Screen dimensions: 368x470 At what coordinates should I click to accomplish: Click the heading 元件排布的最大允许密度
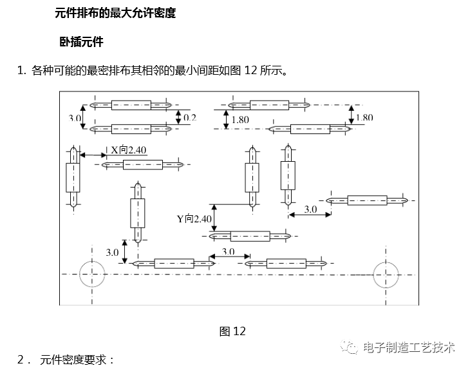[115, 13]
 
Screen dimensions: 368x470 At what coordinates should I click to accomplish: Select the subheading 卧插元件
[81, 42]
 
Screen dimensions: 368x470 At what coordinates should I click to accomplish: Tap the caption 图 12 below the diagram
[232, 331]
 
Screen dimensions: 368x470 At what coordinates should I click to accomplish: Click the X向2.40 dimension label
[129, 150]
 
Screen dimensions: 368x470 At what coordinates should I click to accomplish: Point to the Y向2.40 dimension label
[194, 219]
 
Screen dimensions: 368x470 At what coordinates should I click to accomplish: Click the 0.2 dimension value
[190, 117]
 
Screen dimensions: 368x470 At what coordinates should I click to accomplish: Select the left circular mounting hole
[93, 275]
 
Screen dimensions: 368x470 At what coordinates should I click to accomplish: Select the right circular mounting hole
[386, 275]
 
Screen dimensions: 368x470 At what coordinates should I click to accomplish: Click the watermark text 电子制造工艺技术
[409, 347]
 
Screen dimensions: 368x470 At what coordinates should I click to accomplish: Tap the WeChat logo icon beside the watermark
[352, 347]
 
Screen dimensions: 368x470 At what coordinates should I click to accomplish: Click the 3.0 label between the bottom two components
[228, 251]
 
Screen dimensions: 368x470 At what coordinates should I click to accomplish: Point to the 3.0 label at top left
[75, 118]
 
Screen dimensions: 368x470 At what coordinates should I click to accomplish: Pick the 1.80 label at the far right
[364, 117]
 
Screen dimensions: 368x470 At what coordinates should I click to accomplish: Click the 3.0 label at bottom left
[112, 252]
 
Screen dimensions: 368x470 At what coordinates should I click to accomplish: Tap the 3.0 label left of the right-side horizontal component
[310, 209]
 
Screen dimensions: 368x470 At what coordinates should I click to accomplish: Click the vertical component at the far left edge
[73, 179]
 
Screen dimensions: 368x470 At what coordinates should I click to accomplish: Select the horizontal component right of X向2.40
[143, 165]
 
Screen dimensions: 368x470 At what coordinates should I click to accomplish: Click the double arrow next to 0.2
[179, 116]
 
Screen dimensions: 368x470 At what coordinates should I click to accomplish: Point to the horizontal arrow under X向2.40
[95, 155]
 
